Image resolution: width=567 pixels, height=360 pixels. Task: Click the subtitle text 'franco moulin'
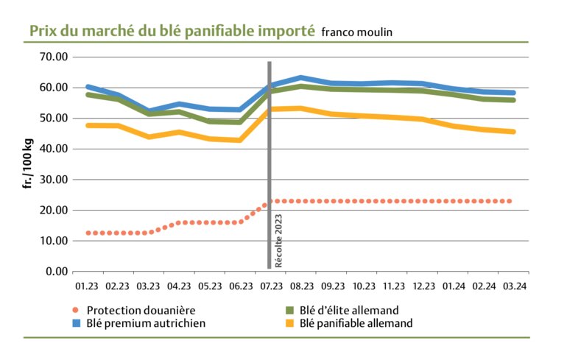(x=356, y=32)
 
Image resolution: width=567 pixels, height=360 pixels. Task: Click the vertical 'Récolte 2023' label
(x=279, y=244)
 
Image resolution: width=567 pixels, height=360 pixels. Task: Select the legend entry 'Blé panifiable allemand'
(x=359, y=322)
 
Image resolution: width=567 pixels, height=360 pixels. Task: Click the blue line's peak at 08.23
(x=300, y=77)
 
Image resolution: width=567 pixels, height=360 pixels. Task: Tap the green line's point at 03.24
(x=514, y=100)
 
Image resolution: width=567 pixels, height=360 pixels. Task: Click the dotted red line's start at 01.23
(x=88, y=233)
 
